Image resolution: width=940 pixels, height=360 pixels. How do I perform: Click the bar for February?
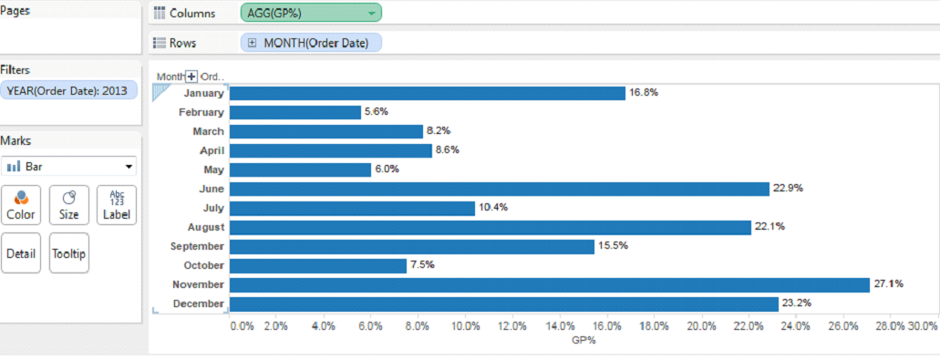point(294,112)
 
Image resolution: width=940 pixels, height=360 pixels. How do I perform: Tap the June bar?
point(499,189)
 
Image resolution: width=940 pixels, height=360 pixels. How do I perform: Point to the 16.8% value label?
point(644,93)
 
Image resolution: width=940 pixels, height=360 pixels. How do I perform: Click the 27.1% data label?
point(889,284)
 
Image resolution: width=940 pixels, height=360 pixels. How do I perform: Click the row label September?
point(197,246)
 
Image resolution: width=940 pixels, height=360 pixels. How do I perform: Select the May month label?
point(212,170)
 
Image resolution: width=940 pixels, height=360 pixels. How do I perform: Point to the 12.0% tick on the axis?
point(512,325)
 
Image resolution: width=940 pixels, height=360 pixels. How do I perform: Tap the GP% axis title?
point(584,340)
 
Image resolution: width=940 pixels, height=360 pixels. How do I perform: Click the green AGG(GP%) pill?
point(311,13)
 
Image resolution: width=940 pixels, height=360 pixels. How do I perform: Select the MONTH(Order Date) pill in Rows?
point(311,43)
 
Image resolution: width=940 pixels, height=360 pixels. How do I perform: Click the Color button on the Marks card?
point(20,205)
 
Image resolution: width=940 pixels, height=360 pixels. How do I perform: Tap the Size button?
point(69,205)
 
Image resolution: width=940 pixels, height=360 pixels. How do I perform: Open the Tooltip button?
point(69,253)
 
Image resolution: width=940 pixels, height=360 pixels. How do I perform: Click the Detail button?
point(20,253)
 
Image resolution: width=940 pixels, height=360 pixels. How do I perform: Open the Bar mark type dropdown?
point(69,167)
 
